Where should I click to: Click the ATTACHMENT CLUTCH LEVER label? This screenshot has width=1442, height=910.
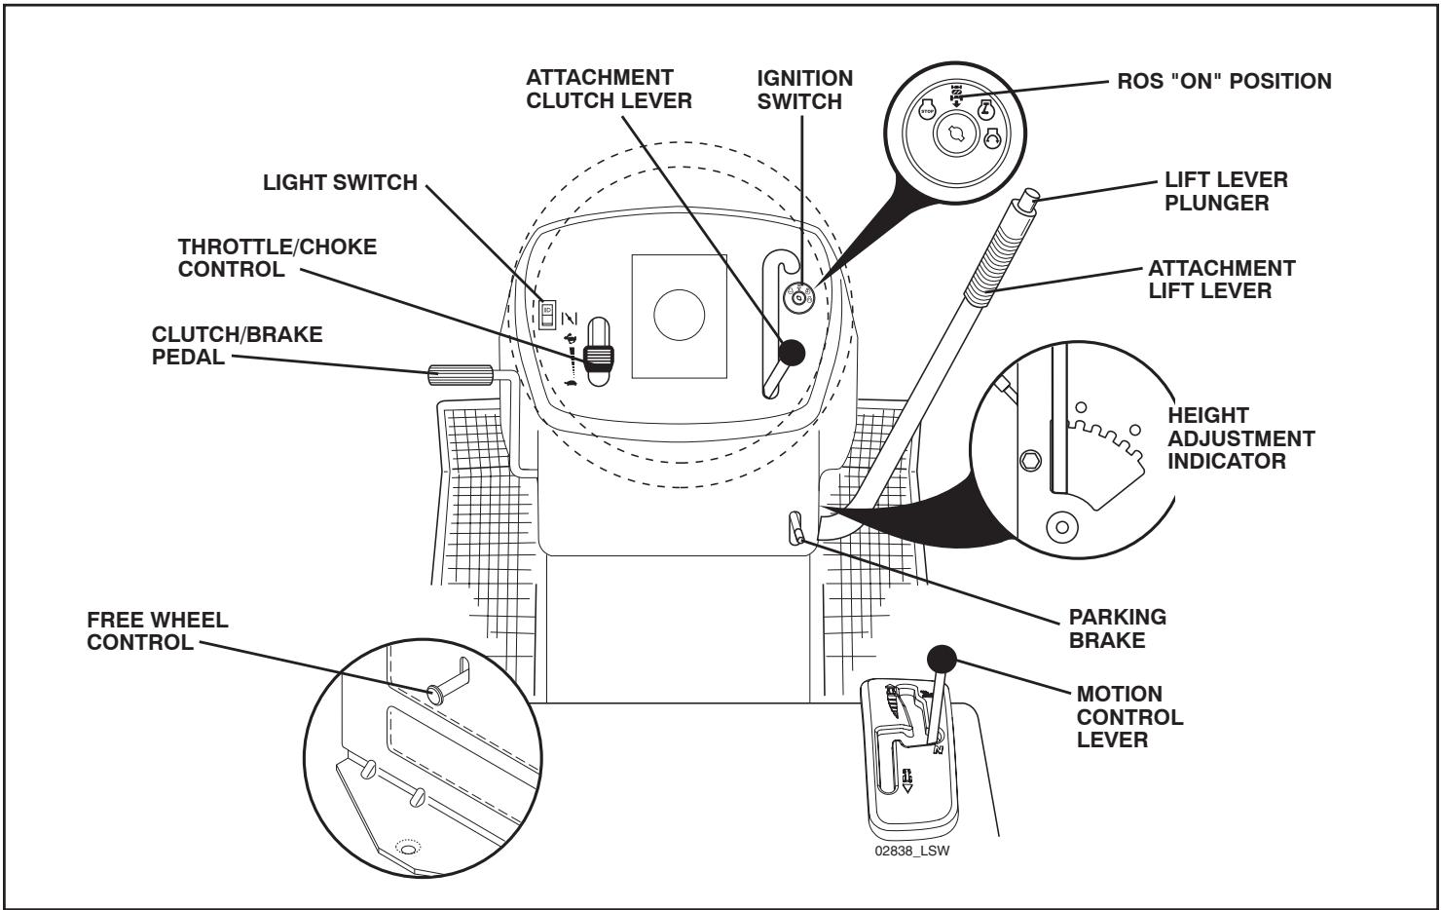tap(610, 89)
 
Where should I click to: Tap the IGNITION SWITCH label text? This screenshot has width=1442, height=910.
tap(805, 89)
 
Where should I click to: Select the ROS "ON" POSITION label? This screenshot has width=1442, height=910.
tap(1223, 82)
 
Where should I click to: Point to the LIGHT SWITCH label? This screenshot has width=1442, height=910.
tap(340, 182)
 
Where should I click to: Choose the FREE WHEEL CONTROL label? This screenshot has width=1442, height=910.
tap(158, 632)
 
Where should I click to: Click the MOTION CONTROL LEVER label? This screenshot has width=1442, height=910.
tap(1129, 717)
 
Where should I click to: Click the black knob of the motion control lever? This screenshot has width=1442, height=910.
tap(941, 658)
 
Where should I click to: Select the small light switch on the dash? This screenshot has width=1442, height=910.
tap(549, 311)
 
